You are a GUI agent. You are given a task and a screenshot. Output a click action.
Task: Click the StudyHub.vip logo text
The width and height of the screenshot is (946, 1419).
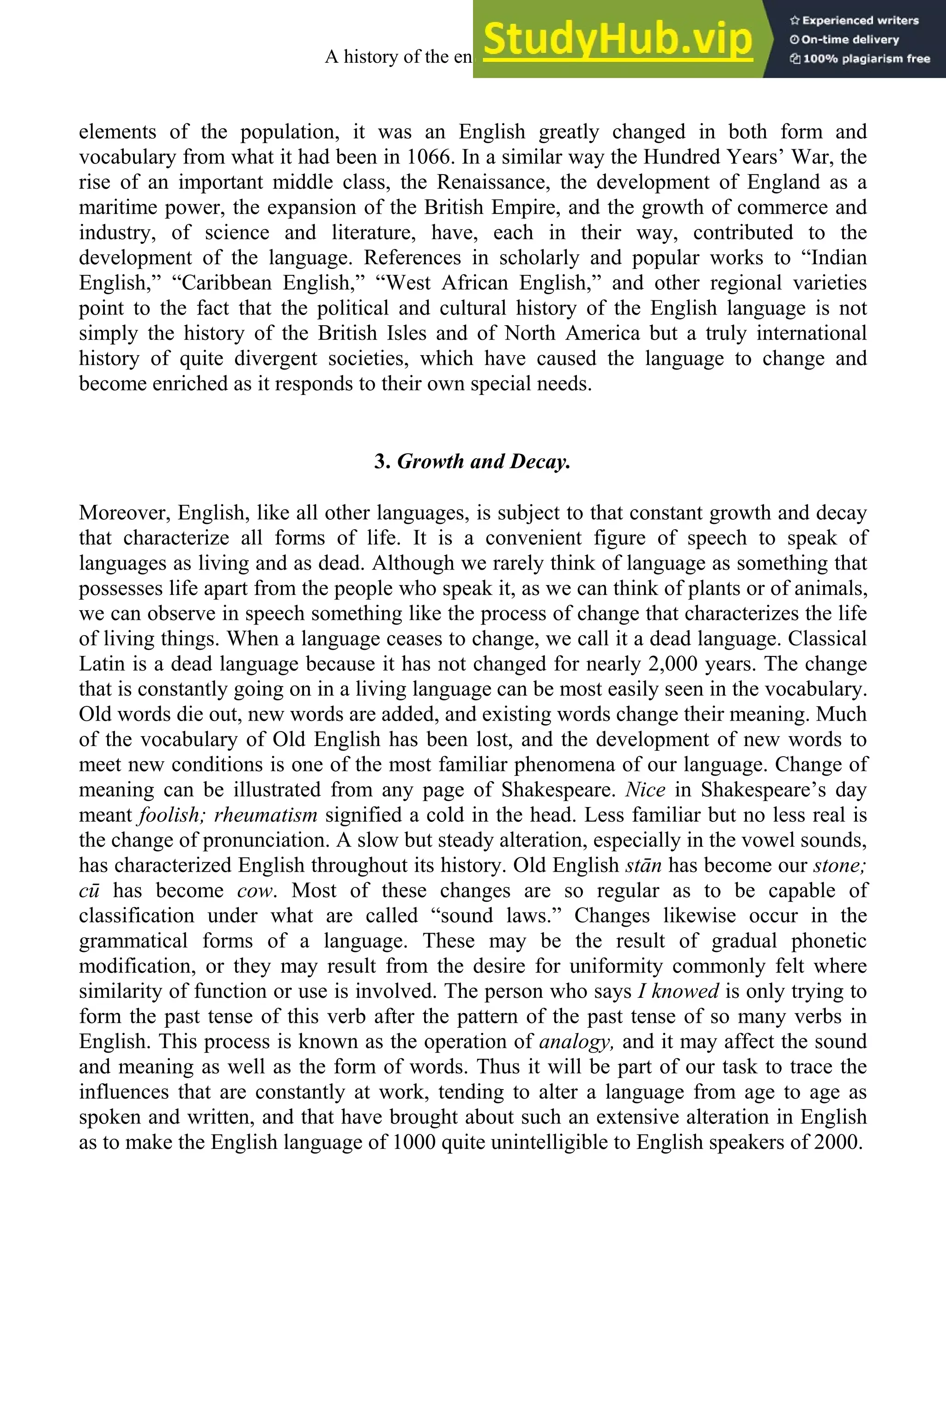(x=617, y=39)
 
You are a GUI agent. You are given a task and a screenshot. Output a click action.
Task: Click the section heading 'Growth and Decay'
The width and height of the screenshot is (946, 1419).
(x=473, y=461)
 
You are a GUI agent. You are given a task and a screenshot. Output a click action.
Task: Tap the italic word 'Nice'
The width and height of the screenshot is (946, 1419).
(x=645, y=790)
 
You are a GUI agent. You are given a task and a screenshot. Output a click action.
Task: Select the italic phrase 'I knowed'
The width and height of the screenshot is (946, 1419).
(x=678, y=991)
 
